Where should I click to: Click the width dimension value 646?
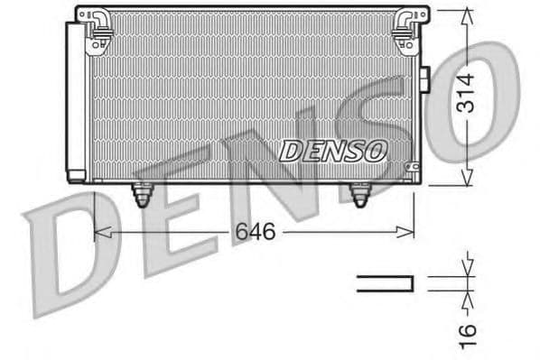point(255,231)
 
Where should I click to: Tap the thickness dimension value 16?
point(466,331)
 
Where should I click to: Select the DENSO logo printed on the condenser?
point(333,149)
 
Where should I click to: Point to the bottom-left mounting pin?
point(142,194)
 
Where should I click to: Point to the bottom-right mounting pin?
point(360,194)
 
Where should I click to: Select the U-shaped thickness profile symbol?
point(385,283)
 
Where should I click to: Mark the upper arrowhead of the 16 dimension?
point(466,268)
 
